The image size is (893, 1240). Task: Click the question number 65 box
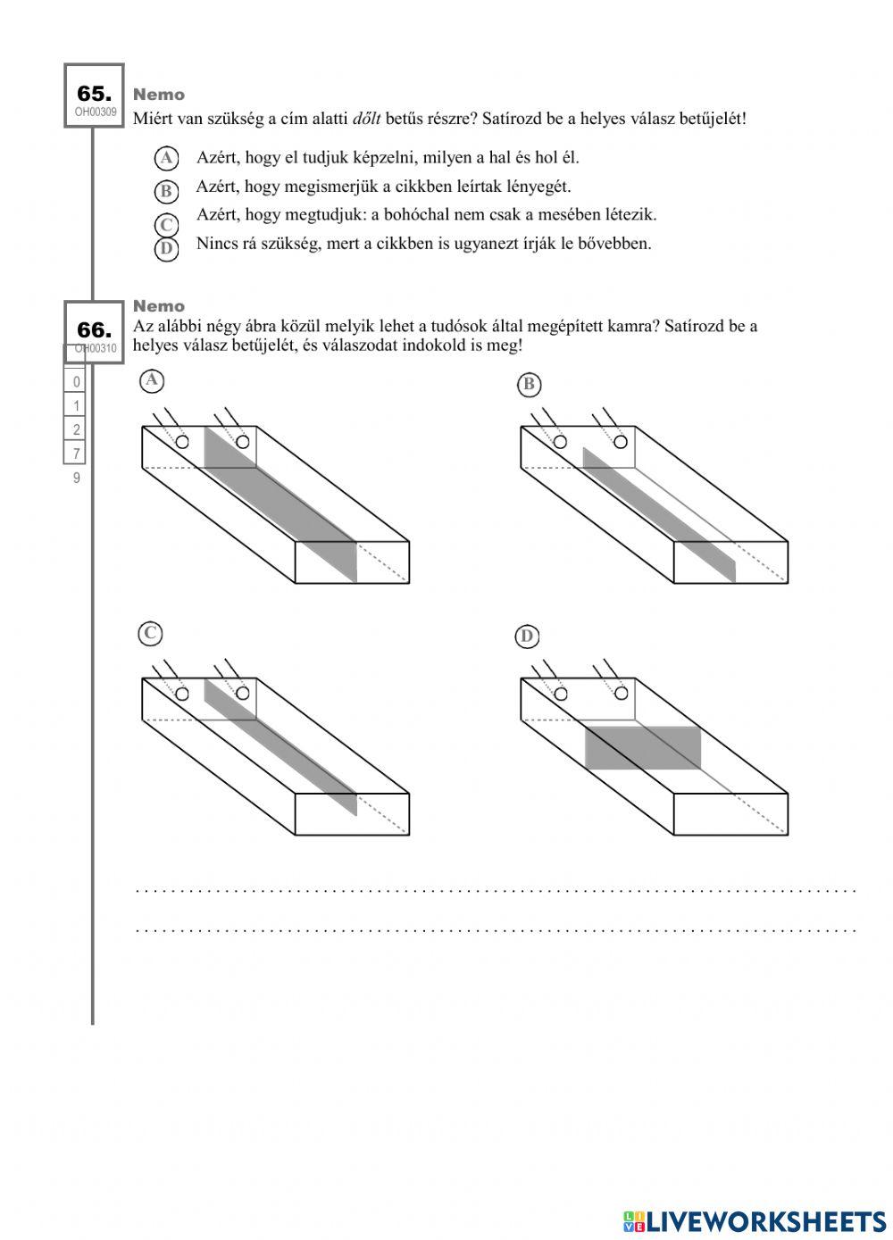point(94,96)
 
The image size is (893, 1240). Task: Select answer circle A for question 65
point(166,159)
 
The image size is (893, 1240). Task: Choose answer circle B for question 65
point(166,191)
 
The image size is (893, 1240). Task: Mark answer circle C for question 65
point(166,225)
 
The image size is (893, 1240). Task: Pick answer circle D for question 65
point(166,248)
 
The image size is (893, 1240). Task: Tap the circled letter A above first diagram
point(152,381)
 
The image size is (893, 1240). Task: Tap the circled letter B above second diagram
point(529,385)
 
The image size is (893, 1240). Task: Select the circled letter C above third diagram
point(150,634)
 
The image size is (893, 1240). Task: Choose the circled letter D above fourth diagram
point(527,637)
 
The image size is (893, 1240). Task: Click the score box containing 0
point(76,382)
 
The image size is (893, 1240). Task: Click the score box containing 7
point(76,454)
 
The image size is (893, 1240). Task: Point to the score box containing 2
point(76,429)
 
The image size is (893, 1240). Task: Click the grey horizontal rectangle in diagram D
point(643,748)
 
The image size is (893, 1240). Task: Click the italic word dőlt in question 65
point(368,118)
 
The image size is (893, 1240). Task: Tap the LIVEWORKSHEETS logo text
point(764,1221)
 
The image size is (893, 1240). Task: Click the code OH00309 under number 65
point(95,112)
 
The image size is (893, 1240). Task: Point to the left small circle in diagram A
point(182,442)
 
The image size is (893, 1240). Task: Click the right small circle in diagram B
point(621,442)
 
